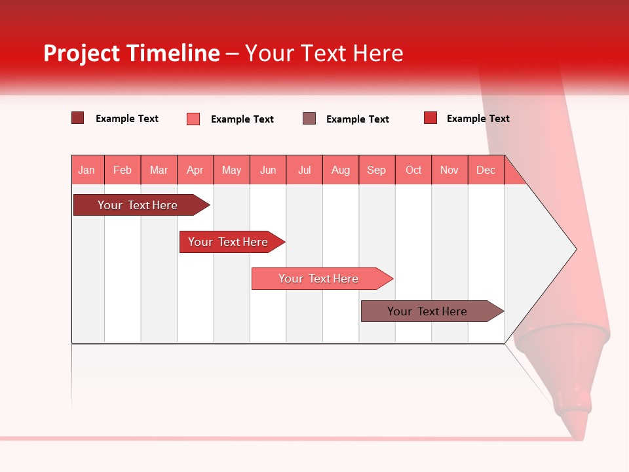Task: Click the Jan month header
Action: point(86,170)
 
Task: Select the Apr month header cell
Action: point(195,170)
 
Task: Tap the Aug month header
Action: point(341,170)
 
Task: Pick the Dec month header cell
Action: point(486,170)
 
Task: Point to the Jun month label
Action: point(268,170)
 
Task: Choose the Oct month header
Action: point(413,170)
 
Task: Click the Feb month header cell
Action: point(123,170)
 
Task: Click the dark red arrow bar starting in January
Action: point(138,205)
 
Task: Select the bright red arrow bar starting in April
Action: point(228,242)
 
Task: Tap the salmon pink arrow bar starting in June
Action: point(318,279)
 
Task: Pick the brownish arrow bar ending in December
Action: point(427,311)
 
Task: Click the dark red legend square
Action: point(77,118)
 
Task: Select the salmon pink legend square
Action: point(193,119)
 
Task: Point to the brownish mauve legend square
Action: point(309,119)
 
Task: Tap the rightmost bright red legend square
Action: point(430,118)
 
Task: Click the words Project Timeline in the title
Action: point(132,53)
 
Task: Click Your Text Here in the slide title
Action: point(324,53)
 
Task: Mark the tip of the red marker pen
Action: point(577,433)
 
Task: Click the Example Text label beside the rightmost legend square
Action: point(478,119)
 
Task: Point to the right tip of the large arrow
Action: point(575,249)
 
